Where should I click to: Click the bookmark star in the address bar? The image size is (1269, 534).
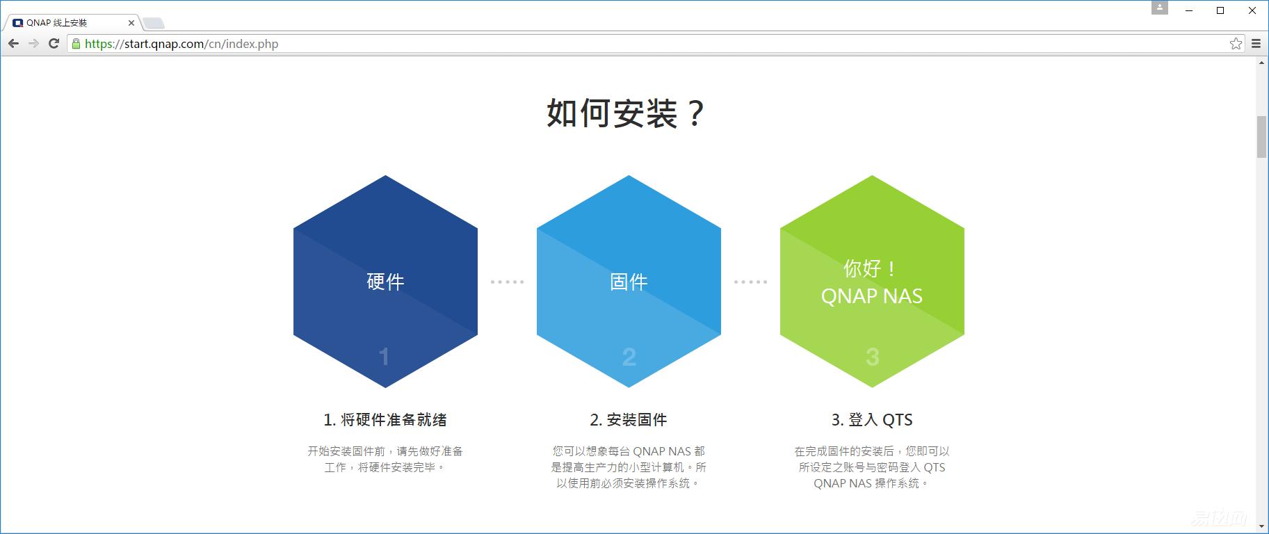pyautogui.click(x=1236, y=44)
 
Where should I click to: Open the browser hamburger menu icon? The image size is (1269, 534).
pyautogui.click(x=1256, y=44)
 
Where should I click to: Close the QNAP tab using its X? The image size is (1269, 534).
pyautogui.click(x=131, y=23)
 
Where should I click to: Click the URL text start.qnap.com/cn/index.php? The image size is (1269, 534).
pyautogui.click(x=181, y=44)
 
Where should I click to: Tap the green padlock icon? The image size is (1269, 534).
pyautogui.click(x=76, y=44)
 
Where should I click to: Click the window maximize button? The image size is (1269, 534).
pyautogui.click(x=1220, y=10)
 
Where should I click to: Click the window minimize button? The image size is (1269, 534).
pyautogui.click(x=1188, y=10)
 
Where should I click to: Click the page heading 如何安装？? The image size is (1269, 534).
pyautogui.click(x=626, y=113)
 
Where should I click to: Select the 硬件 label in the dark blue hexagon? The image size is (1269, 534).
pyautogui.click(x=385, y=282)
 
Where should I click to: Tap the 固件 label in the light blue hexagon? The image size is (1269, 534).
pyautogui.click(x=629, y=282)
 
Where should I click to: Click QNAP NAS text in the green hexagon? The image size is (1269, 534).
pyautogui.click(x=871, y=296)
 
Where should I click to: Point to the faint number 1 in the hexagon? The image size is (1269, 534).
pyautogui.click(x=384, y=357)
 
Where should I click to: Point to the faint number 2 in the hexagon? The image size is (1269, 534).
pyautogui.click(x=629, y=357)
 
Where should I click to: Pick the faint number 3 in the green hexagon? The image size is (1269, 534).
pyautogui.click(x=872, y=357)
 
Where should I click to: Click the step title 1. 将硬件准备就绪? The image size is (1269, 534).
pyautogui.click(x=385, y=420)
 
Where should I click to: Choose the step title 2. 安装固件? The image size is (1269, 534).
pyautogui.click(x=629, y=420)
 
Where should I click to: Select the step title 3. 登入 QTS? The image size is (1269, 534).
pyautogui.click(x=872, y=420)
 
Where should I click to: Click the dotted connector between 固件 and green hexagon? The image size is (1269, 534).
pyautogui.click(x=750, y=282)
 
